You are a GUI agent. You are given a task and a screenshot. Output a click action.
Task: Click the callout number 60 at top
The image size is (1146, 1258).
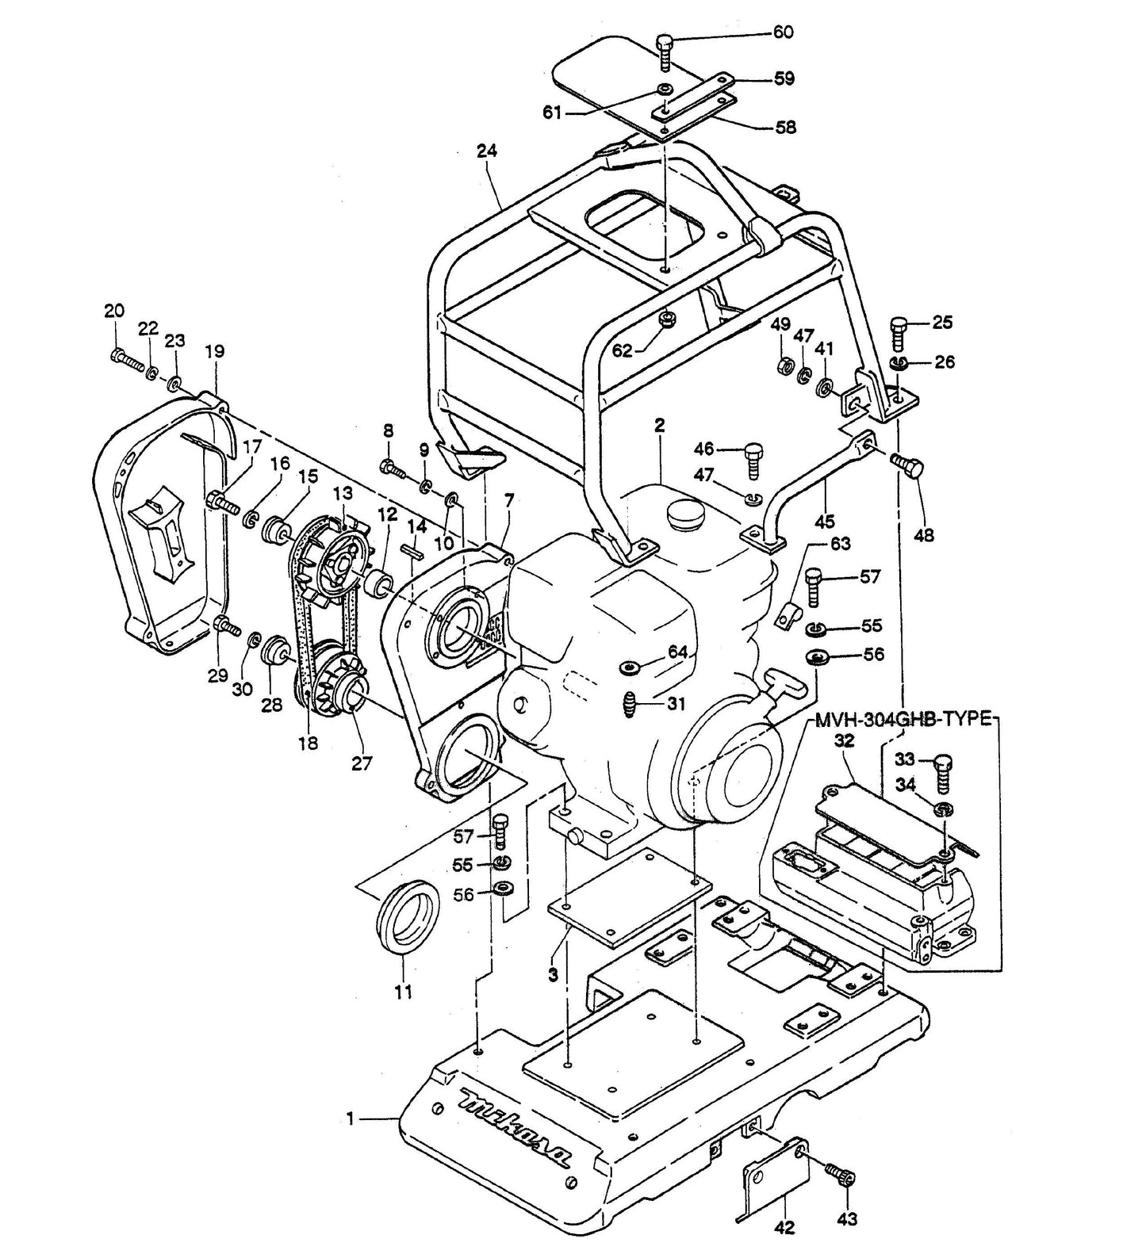click(783, 33)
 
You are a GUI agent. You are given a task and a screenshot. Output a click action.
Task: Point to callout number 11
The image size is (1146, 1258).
click(404, 992)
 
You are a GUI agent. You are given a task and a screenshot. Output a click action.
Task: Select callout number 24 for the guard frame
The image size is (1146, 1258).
click(486, 151)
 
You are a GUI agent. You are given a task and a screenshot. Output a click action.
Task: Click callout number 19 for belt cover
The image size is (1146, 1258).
click(214, 351)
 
